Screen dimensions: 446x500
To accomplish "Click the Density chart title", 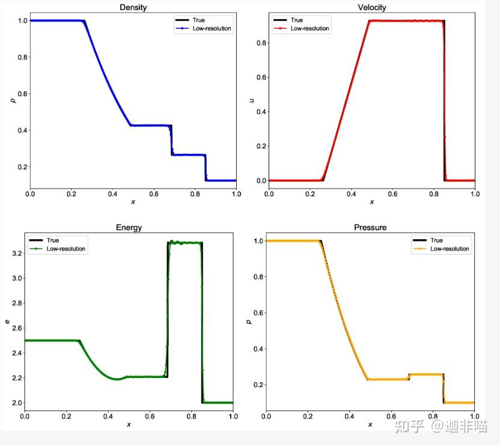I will click(133, 8).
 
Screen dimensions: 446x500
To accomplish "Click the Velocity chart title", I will click(371, 8).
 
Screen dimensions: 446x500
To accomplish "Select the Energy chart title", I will click(129, 228).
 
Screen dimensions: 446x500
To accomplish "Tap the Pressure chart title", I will click(370, 228).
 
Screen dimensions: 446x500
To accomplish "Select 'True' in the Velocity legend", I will click(297, 20).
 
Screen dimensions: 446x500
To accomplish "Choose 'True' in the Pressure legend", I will click(437, 240).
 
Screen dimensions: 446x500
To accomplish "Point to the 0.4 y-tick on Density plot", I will click(20, 130).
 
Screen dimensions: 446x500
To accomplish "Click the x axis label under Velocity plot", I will click(371, 202).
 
